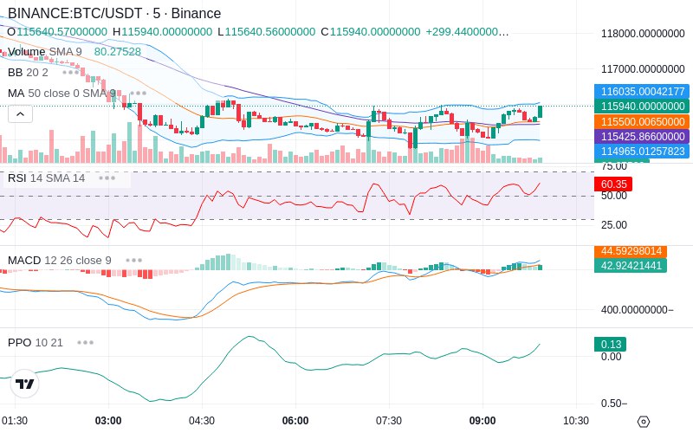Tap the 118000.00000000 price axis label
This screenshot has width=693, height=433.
(643, 34)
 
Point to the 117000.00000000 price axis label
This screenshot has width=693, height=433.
(643, 68)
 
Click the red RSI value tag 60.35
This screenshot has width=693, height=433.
(613, 184)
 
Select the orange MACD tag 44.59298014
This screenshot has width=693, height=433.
(630, 251)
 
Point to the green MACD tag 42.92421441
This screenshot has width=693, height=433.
(630, 266)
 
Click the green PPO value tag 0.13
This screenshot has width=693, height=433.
(609, 344)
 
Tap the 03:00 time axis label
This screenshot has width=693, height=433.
(108, 420)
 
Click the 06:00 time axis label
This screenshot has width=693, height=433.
(295, 420)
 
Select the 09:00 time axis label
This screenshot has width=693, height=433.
(483, 420)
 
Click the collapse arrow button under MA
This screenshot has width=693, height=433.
(20, 113)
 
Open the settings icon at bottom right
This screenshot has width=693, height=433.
(643, 422)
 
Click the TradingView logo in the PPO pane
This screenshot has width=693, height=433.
(25, 384)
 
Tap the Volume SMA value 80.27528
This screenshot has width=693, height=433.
(118, 52)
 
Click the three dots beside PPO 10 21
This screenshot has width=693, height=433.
(85, 342)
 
